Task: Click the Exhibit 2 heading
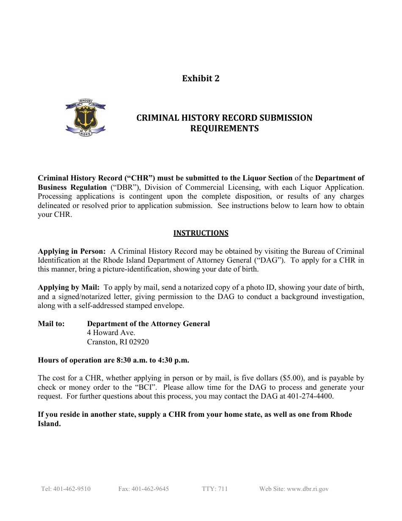point(201,78)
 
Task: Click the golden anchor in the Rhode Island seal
point(85,118)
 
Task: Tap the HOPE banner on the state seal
point(85,132)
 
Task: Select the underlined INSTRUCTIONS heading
point(201,233)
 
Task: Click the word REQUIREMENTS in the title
point(224,128)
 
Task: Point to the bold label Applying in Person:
point(72,251)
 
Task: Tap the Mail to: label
point(51,324)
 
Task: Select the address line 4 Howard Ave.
point(111,333)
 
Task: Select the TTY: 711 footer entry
point(215,489)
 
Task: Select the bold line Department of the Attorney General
point(148,324)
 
